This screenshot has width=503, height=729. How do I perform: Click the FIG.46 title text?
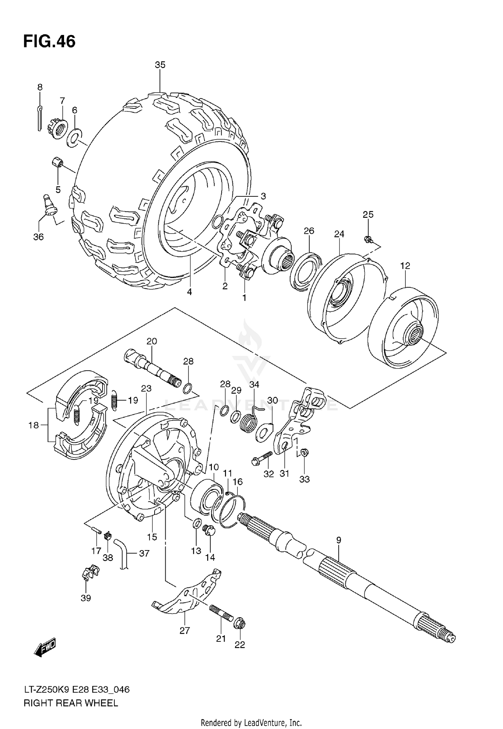tap(49, 42)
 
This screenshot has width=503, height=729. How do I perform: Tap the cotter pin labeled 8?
tap(40, 118)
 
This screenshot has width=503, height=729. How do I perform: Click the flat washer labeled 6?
tap(75, 137)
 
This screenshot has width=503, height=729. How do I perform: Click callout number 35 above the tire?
tap(160, 65)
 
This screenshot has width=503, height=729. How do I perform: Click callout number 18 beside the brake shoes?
tap(34, 425)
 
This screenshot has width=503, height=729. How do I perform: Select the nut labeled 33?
tap(304, 453)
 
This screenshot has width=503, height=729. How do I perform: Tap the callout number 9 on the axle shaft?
tap(338, 540)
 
